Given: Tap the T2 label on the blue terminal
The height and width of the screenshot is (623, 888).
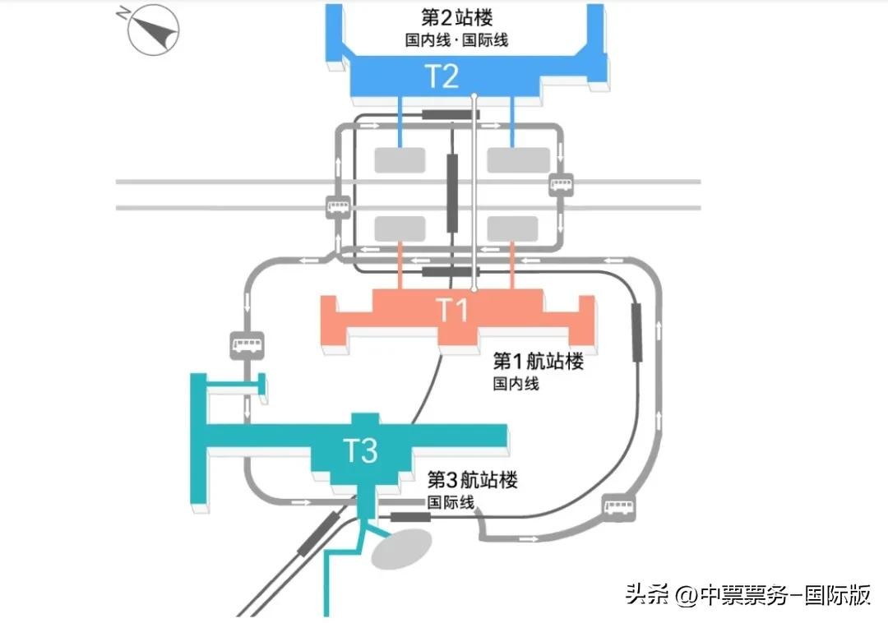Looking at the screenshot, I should [x=441, y=76].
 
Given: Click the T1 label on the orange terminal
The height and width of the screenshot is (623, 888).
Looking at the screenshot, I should [x=451, y=311].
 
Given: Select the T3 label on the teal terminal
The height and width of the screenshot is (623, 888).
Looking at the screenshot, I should [x=359, y=450].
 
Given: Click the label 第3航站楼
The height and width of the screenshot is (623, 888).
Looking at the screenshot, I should [x=472, y=480].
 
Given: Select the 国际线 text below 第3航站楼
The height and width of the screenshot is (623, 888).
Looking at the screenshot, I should [x=450, y=501].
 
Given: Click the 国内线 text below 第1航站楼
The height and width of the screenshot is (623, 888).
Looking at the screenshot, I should [x=516, y=382].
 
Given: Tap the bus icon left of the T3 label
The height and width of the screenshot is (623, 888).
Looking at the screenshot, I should [x=247, y=344].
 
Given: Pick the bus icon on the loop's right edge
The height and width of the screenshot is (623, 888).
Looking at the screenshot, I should [x=562, y=183].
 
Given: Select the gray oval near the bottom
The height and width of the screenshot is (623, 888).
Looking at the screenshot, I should [x=401, y=547].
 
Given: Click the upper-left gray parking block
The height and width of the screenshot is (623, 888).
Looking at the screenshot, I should [x=400, y=160].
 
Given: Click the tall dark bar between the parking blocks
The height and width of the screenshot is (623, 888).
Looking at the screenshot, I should [x=452, y=193].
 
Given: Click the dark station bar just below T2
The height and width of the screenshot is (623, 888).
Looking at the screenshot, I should [x=450, y=114].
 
